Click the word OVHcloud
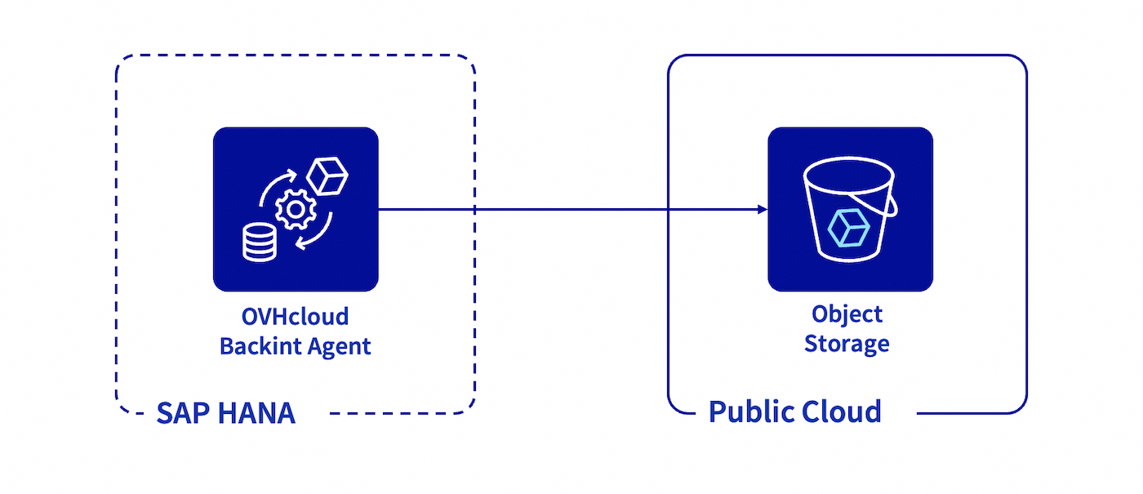click(x=295, y=317)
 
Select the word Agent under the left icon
click(x=339, y=346)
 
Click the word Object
click(x=847, y=314)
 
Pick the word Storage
click(x=847, y=343)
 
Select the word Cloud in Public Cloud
click(x=841, y=411)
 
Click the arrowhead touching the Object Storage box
click(x=763, y=210)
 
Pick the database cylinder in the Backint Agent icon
click(x=259, y=243)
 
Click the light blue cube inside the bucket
click(x=847, y=228)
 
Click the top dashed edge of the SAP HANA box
click(x=294, y=56)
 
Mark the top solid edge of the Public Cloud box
click(x=847, y=56)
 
